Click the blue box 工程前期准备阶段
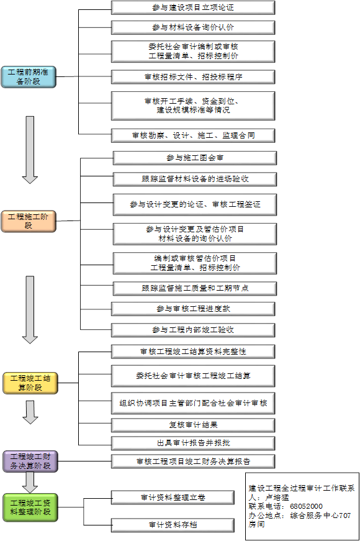[29, 76]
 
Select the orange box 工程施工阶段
[29, 221]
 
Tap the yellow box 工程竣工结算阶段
[30, 383]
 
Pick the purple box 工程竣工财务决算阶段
[30, 461]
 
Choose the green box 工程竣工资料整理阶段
[30, 507]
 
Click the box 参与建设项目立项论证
[193, 7]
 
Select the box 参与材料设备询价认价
[193, 27]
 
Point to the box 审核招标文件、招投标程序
[193, 77]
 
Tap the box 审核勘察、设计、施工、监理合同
[193, 135]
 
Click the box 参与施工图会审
[195, 158]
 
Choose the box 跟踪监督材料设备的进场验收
[195, 179]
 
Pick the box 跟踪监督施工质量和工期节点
[195, 288]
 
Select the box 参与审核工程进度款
[193, 309]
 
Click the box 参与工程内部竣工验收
[193, 330]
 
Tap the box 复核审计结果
[193, 425]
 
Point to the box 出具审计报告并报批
[193, 443]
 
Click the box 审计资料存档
[173, 525]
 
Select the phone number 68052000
[306, 506]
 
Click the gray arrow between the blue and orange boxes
[30, 150]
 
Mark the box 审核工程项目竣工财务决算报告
[193, 461]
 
